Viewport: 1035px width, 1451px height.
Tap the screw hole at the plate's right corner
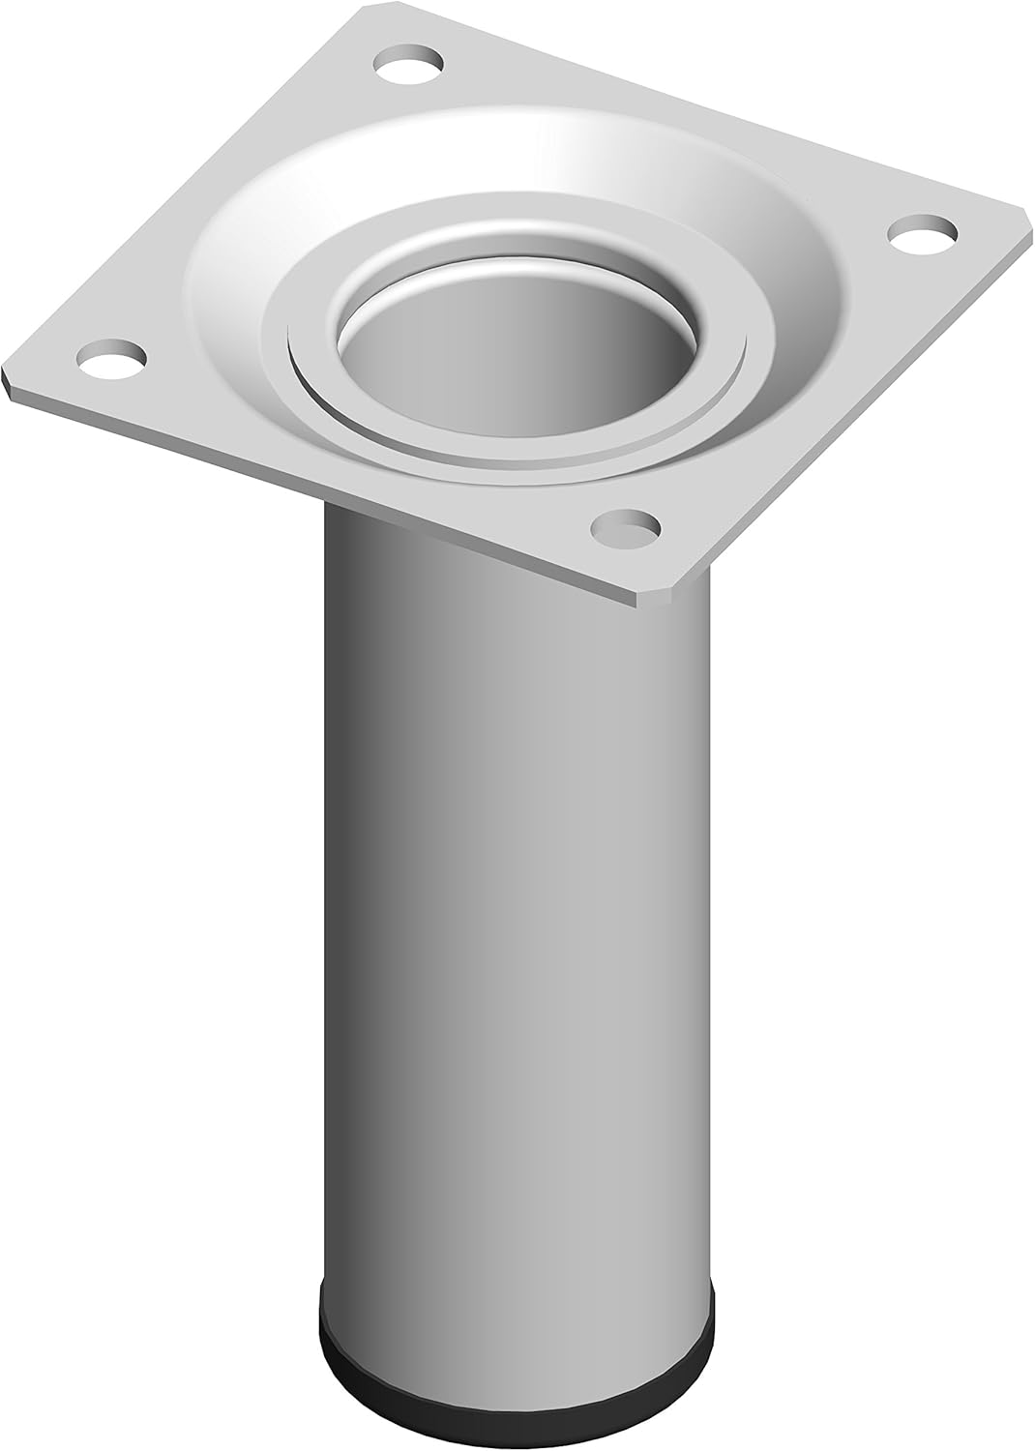(924, 231)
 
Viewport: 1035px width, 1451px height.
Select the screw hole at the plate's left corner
(113, 358)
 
